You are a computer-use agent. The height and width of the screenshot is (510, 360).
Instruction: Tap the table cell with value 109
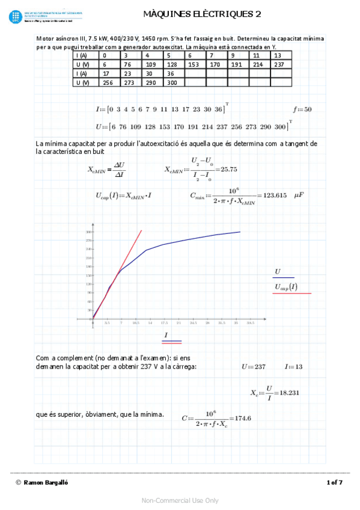151,64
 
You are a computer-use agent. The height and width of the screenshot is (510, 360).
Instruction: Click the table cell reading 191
237,64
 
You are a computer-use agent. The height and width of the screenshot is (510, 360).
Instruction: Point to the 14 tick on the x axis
150,323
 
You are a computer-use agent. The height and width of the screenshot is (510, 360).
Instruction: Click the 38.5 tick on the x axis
250,323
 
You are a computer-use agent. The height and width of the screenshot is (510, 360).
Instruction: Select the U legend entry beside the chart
278,272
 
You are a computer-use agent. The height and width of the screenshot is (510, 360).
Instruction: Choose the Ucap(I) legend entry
285,287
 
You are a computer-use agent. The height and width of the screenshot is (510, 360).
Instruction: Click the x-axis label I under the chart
165,334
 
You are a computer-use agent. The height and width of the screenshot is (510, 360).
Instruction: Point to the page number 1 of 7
334,482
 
